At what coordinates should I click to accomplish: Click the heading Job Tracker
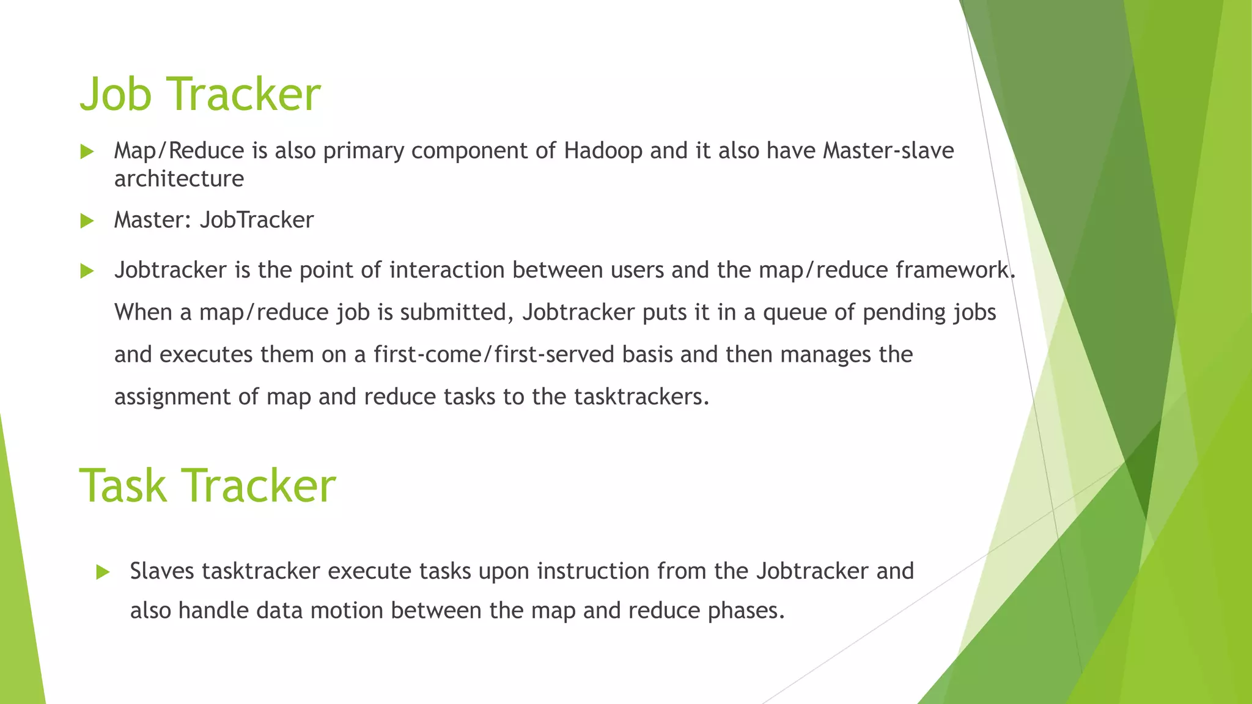(x=200, y=94)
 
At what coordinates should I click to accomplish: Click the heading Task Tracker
(x=207, y=486)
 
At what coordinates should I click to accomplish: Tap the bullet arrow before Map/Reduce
(x=87, y=152)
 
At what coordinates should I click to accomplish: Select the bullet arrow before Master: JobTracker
(x=87, y=221)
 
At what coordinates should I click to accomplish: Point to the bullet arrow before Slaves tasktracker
(x=103, y=572)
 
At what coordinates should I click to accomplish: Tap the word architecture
(x=179, y=179)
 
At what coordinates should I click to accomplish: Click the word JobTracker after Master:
(x=257, y=220)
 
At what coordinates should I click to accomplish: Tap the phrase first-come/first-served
(x=494, y=354)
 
